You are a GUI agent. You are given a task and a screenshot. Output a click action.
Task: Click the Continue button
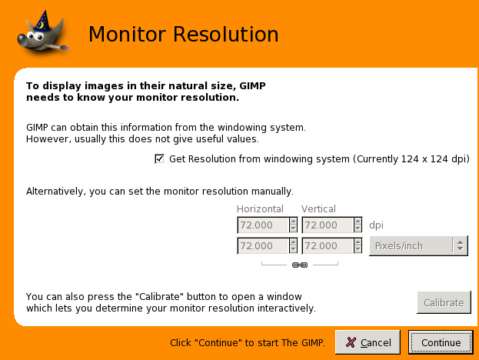(441, 342)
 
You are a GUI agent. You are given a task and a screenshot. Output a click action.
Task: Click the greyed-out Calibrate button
(444, 302)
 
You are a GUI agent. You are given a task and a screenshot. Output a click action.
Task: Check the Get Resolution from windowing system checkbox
(159, 159)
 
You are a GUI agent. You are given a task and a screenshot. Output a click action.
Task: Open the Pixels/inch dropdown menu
(418, 245)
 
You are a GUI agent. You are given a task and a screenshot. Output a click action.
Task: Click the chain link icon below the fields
(300, 265)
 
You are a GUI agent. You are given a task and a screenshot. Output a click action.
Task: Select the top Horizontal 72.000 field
(263, 225)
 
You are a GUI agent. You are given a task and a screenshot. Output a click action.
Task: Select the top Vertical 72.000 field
(328, 225)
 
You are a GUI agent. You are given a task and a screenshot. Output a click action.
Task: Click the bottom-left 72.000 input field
(263, 245)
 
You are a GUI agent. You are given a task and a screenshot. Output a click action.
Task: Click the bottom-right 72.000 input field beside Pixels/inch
(328, 245)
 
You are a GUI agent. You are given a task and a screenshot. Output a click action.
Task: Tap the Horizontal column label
(260, 208)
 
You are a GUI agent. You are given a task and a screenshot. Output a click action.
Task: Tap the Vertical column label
(318, 208)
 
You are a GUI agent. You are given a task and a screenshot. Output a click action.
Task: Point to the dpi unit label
(376, 225)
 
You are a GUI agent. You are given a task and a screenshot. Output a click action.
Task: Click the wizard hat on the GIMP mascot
(42, 21)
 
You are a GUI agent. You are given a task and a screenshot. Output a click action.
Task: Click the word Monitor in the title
(128, 34)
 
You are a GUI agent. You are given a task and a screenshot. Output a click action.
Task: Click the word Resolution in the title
(226, 34)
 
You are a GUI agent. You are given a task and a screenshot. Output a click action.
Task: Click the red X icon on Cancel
(351, 342)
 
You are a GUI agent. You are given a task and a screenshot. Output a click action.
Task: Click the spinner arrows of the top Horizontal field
(293, 225)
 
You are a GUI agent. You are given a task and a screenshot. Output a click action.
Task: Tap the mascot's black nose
(22, 39)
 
